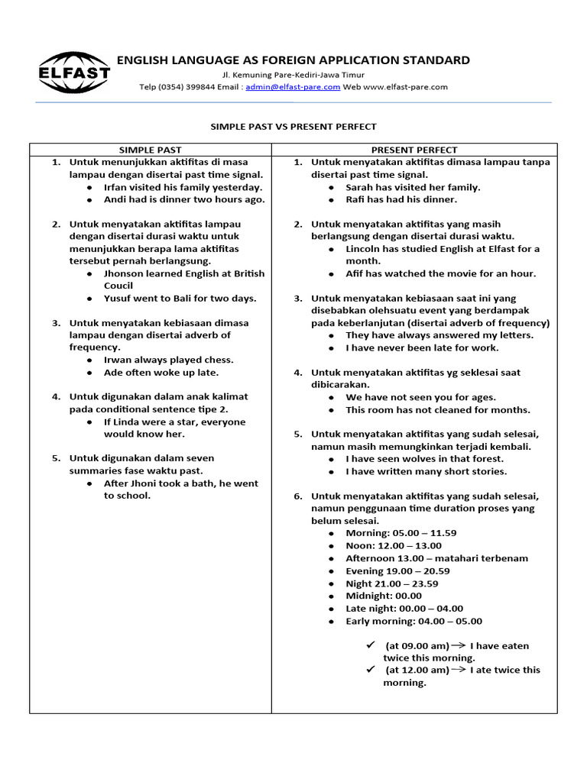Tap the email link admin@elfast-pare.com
pos(293,87)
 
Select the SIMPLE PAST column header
pos(151,150)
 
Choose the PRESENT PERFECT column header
pos(414,150)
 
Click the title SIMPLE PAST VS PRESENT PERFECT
pos(293,127)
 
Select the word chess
pos(219,360)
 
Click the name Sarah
pos(360,187)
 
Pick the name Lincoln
pos(365,249)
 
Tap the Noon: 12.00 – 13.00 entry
pos(394,546)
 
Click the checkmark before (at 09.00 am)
pos(371,645)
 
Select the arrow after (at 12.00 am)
pos(460,670)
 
